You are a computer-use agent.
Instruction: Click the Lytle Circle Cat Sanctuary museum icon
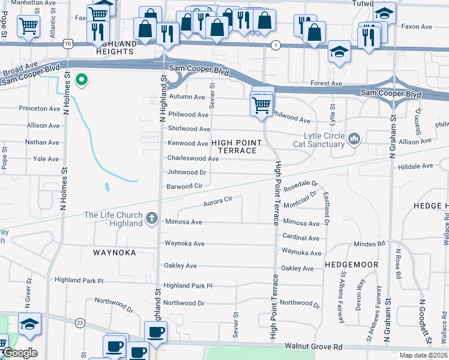(354, 140)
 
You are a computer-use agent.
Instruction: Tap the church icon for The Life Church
(152, 219)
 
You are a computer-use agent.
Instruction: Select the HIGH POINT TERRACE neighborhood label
(237, 146)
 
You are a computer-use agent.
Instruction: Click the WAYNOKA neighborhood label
(115, 253)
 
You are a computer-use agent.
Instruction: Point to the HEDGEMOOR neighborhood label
(351, 264)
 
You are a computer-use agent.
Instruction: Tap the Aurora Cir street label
(218, 201)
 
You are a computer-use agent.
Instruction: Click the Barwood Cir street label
(185, 187)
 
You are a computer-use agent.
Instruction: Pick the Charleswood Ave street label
(193, 158)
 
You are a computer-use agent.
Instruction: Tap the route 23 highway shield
(79, 323)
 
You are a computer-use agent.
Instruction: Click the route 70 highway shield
(69, 44)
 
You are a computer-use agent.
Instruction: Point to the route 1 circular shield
(276, 45)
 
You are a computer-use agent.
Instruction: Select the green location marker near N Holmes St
(82, 79)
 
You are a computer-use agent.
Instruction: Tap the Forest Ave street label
(326, 83)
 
